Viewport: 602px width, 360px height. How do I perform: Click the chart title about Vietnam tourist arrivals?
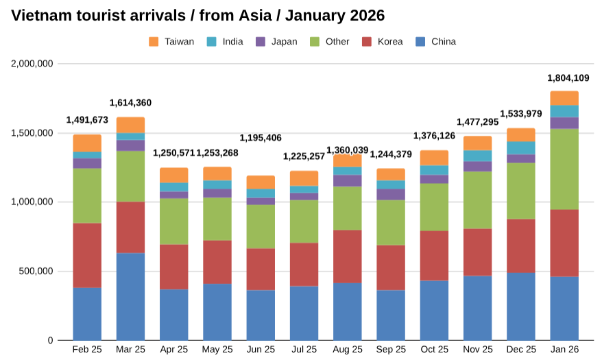click(198, 15)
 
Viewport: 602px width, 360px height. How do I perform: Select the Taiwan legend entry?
click(171, 42)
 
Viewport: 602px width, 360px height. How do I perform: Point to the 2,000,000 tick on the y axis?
click(32, 64)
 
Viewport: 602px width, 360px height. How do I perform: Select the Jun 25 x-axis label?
click(261, 350)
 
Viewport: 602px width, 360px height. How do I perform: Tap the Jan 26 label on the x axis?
click(564, 350)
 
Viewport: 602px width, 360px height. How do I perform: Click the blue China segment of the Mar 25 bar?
click(130, 296)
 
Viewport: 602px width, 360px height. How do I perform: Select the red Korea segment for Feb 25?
click(87, 255)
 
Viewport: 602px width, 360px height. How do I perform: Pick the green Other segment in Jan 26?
click(564, 169)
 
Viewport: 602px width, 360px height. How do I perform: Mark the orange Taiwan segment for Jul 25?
click(304, 178)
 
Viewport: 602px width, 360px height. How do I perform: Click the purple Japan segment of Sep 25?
click(391, 195)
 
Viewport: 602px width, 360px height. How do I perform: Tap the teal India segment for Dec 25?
click(521, 147)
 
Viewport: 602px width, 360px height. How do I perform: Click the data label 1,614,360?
click(130, 103)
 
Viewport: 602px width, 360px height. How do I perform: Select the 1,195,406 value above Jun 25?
click(261, 138)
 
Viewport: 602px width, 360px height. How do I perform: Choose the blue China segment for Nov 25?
click(477, 308)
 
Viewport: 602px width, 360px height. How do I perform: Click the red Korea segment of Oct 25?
click(434, 255)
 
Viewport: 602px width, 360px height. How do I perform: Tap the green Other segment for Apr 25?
click(173, 221)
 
